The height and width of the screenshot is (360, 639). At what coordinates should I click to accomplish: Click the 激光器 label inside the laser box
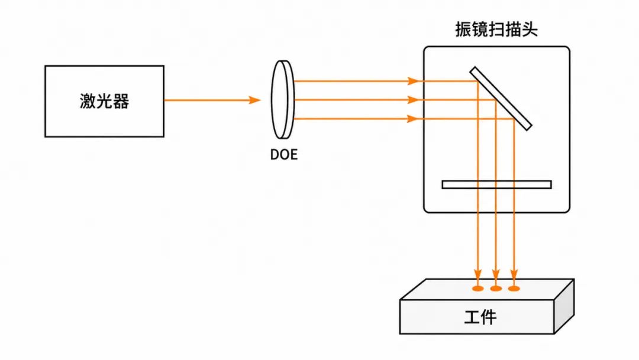click(x=104, y=101)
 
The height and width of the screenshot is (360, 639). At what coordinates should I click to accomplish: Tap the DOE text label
click(x=284, y=155)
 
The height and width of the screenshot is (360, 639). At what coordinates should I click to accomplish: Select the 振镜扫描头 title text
click(x=496, y=30)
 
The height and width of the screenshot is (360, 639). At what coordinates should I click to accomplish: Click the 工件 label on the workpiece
click(x=480, y=317)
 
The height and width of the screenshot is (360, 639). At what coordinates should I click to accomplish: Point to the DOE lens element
click(x=283, y=100)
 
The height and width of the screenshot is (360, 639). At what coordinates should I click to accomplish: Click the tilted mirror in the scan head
click(x=501, y=99)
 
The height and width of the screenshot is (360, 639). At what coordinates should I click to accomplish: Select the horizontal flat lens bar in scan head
click(x=497, y=185)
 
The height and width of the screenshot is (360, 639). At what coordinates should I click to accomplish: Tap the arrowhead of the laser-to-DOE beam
click(x=254, y=100)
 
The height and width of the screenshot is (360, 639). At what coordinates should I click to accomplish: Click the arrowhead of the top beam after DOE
click(x=413, y=81)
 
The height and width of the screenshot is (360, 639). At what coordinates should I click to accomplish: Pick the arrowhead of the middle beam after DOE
click(x=413, y=100)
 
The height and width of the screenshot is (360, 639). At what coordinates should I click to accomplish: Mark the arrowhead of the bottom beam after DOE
click(x=413, y=118)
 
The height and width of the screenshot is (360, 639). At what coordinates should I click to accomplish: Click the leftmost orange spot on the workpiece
click(x=477, y=289)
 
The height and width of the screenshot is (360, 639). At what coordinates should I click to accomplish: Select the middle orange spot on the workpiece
click(x=496, y=289)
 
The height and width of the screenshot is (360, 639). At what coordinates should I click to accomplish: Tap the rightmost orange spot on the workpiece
click(x=514, y=289)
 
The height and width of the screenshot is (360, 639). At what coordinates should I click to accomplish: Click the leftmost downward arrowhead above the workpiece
click(x=477, y=274)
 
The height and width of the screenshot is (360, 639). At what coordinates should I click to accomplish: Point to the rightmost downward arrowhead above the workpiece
click(x=514, y=274)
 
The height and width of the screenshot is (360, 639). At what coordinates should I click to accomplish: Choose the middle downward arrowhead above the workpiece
click(x=496, y=274)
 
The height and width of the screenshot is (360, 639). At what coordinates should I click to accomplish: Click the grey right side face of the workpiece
click(x=564, y=307)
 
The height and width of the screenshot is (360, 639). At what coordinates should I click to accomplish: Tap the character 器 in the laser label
click(x=121, y=101)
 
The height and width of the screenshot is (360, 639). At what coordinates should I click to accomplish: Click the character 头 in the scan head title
click(x=530, y=30)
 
